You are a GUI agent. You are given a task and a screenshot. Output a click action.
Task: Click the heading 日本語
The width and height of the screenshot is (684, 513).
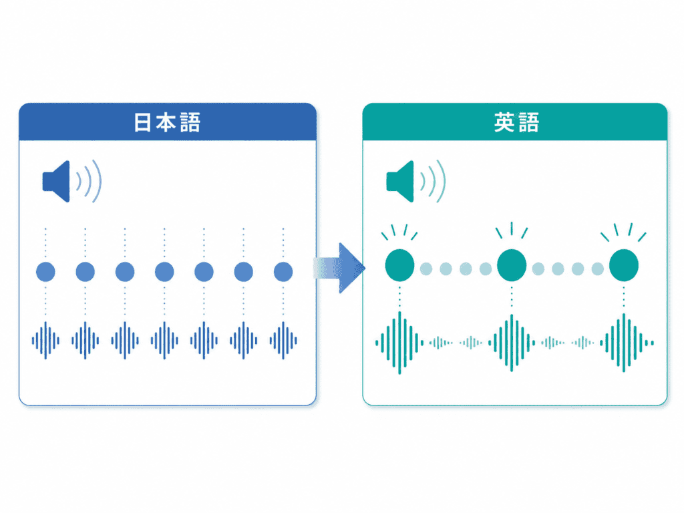(167, 122)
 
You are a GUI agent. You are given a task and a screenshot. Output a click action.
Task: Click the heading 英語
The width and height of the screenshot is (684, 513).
(516, 122)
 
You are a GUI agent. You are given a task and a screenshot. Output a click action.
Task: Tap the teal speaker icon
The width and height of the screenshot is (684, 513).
(415, 181)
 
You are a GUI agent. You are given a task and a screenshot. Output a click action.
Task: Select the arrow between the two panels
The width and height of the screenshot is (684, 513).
(339, 268)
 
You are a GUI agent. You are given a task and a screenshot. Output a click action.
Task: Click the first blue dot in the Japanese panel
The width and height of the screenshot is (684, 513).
(45, 272)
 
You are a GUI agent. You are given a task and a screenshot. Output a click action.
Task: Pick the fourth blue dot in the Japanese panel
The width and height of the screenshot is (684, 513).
(164, 272)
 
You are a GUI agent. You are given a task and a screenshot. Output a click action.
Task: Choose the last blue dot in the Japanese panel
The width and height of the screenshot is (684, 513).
(283, 272)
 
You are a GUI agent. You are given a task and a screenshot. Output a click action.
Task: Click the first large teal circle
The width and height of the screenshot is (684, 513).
(399, 265)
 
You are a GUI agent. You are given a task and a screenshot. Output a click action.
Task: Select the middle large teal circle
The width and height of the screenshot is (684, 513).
(512, 265)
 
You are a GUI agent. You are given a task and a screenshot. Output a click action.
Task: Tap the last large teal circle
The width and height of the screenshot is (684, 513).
(624, 265)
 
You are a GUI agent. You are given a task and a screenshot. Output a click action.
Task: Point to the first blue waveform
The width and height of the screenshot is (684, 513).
(45, 341)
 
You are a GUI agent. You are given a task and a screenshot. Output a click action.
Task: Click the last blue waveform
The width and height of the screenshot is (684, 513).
(283, 341)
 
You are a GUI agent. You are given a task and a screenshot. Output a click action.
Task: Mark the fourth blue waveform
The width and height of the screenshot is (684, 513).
(164, 341)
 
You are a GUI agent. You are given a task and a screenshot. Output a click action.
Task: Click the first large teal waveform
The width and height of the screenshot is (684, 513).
(399, 343)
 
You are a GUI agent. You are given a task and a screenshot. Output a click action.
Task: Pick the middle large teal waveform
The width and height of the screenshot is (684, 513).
(512, 343)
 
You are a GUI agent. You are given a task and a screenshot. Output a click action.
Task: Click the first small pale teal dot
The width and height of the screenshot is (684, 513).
(426, 269)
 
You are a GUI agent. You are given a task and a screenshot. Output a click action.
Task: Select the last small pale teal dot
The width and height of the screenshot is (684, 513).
(598, 269)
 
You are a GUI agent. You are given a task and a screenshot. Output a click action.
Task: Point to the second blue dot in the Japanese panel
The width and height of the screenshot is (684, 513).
(85, 272)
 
